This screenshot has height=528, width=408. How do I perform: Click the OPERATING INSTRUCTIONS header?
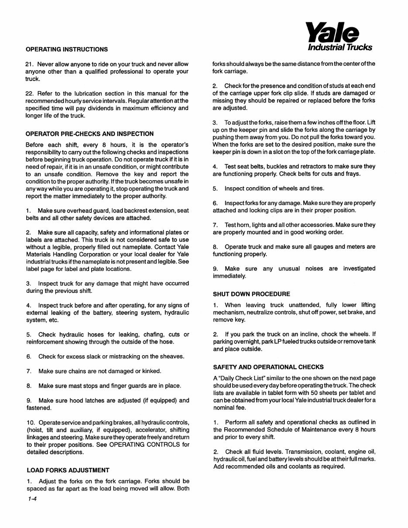[67, 49]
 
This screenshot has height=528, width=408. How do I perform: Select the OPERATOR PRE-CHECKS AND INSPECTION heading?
[90, 134]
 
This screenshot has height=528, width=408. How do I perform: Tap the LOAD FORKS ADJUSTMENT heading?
[68, 470]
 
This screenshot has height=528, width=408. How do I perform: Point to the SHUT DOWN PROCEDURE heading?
[251, 294]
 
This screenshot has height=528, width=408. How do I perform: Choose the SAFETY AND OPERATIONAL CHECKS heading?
[268, 367]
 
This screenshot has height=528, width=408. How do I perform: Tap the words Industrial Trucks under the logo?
[340, 47]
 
